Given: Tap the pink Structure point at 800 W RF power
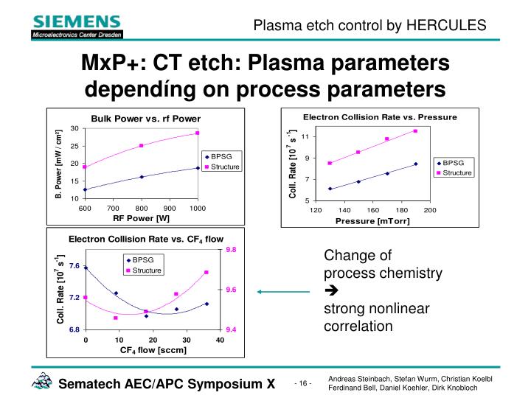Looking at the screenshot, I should click(x=141, y=146).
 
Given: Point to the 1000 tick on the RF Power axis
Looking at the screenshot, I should click(x=197, y=209).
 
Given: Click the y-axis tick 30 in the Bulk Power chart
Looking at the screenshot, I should click(x=74, y=128).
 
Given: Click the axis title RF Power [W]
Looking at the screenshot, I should click(x=141, y=218).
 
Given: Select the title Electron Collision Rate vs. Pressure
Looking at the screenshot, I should click(x=381, y=117).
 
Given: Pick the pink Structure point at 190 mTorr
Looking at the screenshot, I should click(x=416, y=131).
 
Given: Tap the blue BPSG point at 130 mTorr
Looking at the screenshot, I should click(x=330, y=189).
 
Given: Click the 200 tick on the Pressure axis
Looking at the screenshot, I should click(x=430, y=211).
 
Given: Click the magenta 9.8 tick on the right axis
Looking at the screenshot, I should click(x=231, y=250).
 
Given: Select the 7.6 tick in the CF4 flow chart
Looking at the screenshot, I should click(x=74, y=265).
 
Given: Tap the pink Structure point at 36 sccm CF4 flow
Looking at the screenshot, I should click(x=206, y=273).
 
